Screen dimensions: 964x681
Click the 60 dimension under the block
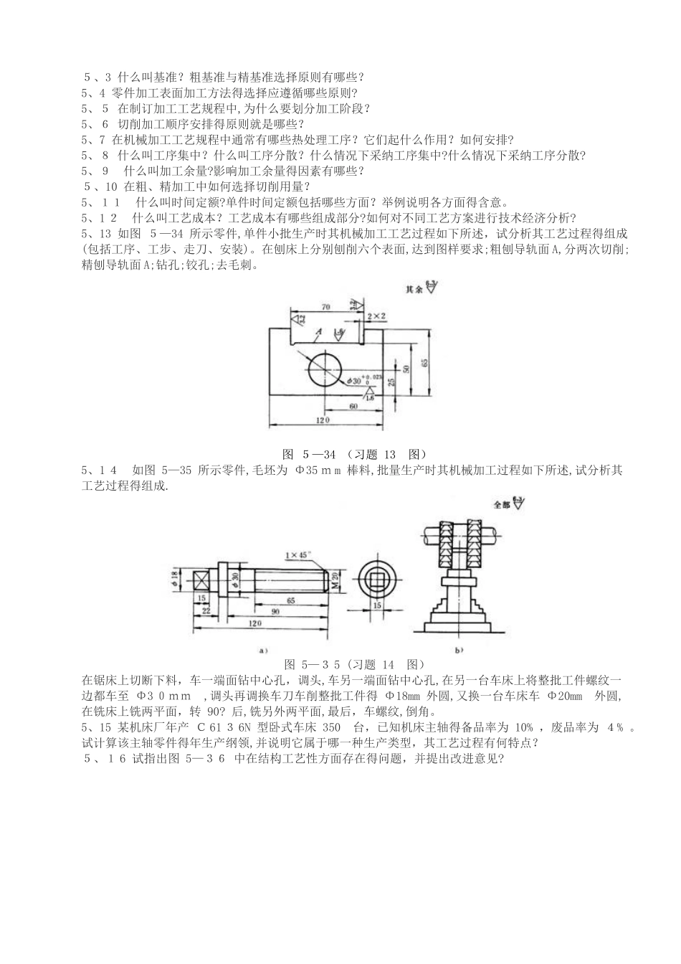pos(353,407)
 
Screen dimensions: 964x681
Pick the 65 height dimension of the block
pos(426,363)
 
